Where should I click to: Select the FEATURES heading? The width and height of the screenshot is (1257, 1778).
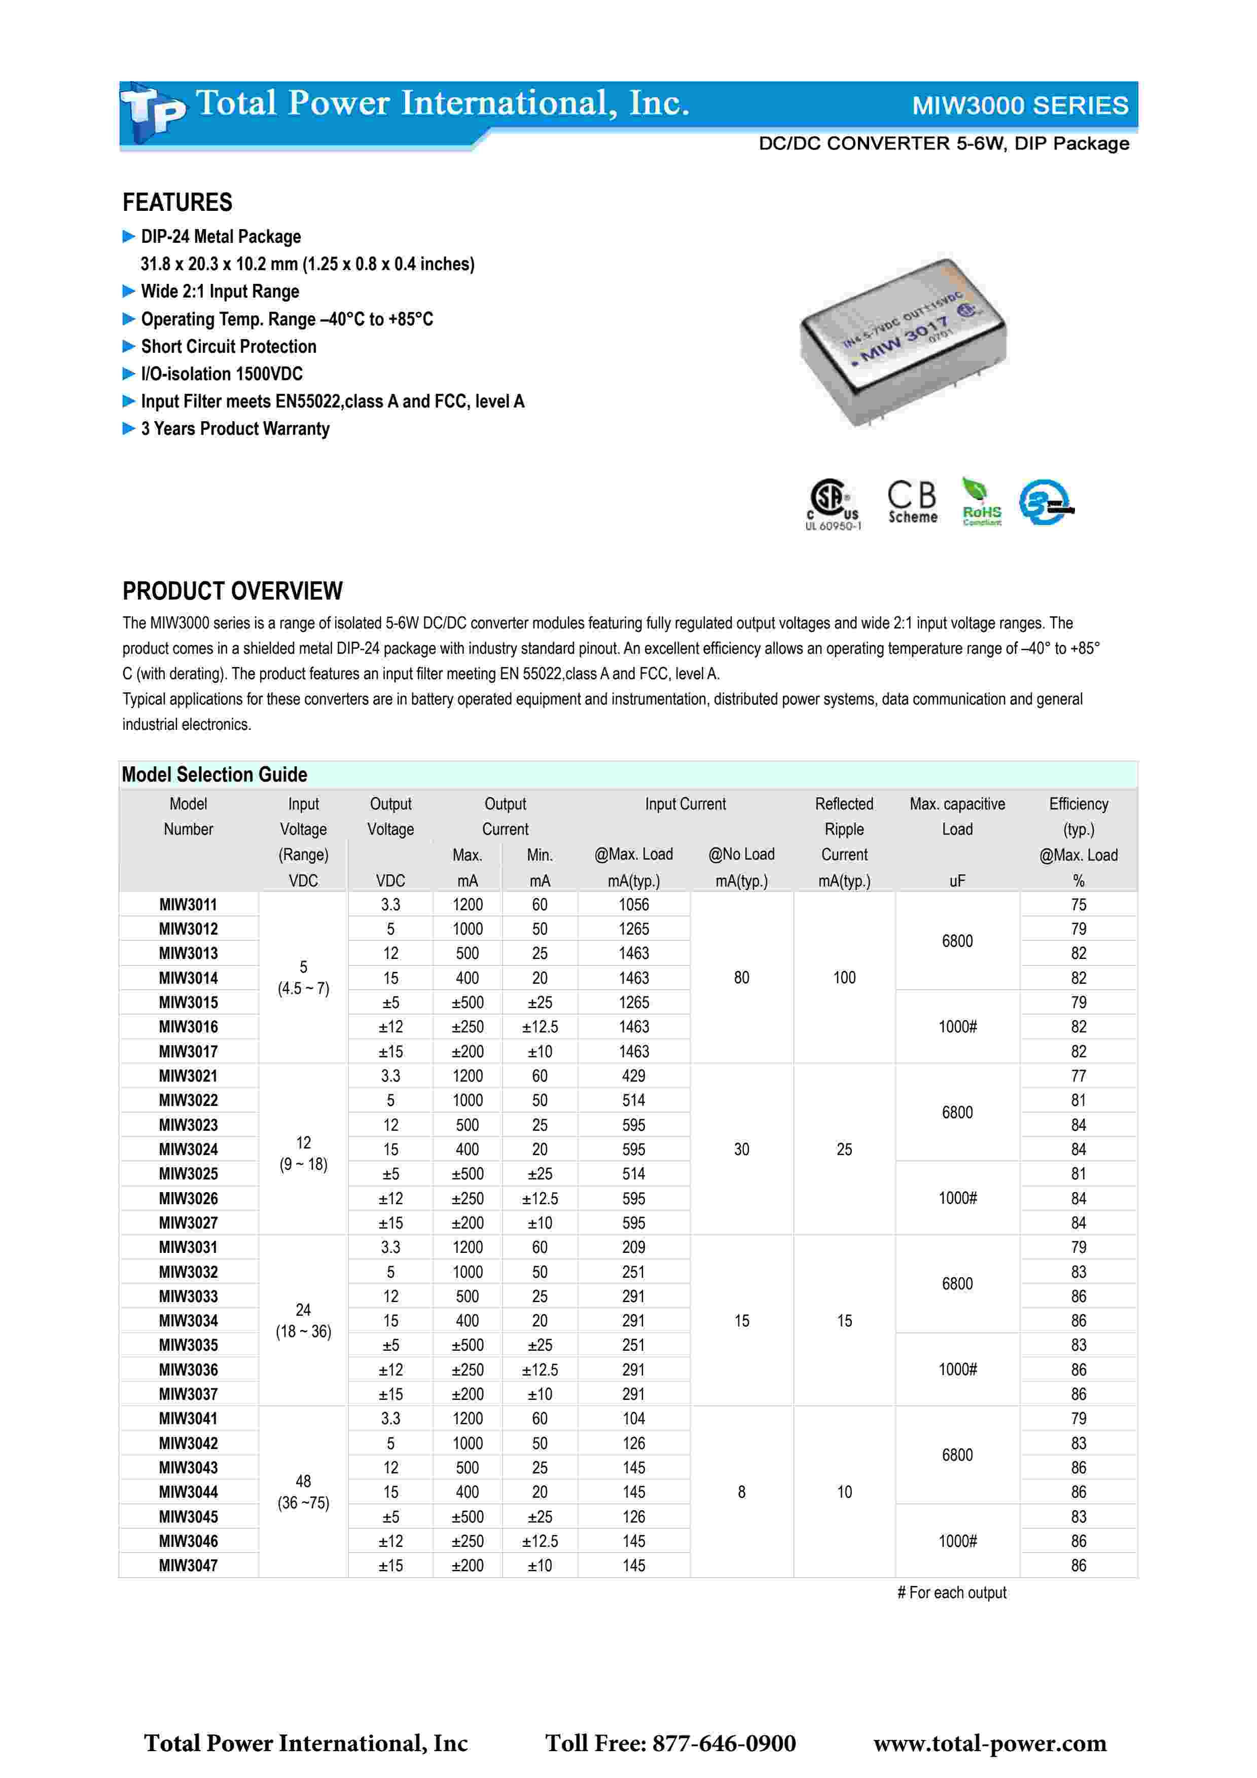coord(177,203)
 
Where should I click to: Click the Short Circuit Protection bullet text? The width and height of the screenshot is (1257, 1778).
coord(229,347)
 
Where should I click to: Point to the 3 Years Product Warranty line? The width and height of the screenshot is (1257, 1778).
coord(235,429)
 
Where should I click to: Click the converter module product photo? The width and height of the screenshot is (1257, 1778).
coord(903,342)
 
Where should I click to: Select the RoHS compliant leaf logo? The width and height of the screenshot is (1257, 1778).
coord(981,502)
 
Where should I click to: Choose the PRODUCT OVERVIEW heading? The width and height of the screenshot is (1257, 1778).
coord(232,591)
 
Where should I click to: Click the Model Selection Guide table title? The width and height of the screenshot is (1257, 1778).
coord(214,774)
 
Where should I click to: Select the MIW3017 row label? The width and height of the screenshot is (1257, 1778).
coord(188,1052)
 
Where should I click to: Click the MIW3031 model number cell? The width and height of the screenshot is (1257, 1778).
coord(188,1247)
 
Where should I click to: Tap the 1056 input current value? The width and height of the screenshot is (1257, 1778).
coord(633,905)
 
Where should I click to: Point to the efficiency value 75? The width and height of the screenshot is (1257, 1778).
coord(1078,905)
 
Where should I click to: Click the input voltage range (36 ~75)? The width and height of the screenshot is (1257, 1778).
coord(303,1503)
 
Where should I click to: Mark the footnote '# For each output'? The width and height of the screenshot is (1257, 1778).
coord(952,1593)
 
